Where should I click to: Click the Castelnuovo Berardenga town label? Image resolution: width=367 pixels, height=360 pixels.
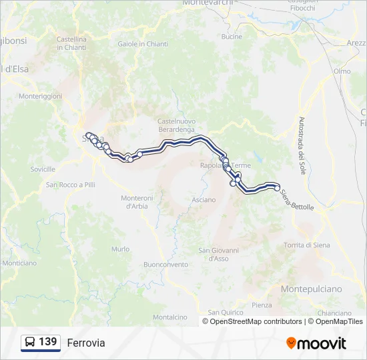tap(176, 125)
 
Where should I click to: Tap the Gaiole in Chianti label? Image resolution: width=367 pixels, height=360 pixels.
tap(143, 44)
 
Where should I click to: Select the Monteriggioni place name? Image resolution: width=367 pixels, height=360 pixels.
tap(40, 96)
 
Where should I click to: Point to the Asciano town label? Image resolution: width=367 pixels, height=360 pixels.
tap(204, 199)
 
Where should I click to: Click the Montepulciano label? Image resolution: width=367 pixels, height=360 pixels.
tap(311, 289)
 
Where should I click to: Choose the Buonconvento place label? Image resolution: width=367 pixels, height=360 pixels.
tap(166, 264)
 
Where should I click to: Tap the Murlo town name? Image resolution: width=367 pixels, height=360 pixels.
tap(121, 249)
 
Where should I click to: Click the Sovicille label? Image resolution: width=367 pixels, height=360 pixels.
tap(43, 169)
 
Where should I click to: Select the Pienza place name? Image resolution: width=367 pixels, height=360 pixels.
tap(262, 305)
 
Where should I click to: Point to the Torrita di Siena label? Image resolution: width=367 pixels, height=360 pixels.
tap(307, 245)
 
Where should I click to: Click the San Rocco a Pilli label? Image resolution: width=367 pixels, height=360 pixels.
tap(71, 185)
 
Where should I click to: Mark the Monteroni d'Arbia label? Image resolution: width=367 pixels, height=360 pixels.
tap(138, 202)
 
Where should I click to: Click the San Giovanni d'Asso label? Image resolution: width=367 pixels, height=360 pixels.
tap(218, 254)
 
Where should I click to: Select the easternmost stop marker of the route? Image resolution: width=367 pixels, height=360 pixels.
tap(278, 188)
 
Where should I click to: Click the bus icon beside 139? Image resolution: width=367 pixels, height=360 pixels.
tap(30, 342)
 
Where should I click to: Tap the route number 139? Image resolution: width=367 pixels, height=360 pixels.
tap(47, 342)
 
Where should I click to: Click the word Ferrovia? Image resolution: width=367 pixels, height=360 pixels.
tap(86, 343)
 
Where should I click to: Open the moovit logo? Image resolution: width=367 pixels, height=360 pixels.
tap(316, 343)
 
